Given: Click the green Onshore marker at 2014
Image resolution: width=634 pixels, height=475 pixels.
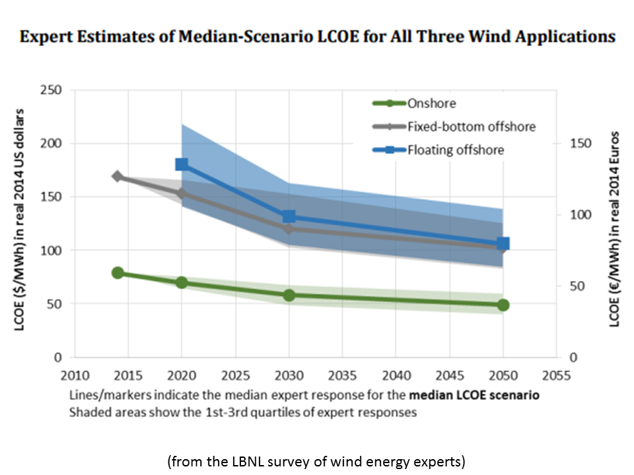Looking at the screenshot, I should (118, 272).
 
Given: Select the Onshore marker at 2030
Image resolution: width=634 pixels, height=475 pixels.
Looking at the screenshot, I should (289, 295).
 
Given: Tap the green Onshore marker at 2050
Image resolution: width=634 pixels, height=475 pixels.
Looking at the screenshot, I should (503, 305).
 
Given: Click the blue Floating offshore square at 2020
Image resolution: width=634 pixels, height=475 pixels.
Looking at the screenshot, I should (182, 164).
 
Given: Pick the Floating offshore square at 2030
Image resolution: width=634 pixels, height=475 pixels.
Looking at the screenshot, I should (289, 217).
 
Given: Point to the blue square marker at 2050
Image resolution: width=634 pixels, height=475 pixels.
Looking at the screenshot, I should (503, 244).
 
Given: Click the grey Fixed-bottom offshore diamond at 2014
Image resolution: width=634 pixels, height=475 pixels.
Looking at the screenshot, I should (118, 176).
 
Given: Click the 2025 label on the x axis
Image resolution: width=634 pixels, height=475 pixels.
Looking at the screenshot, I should (236, 376).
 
